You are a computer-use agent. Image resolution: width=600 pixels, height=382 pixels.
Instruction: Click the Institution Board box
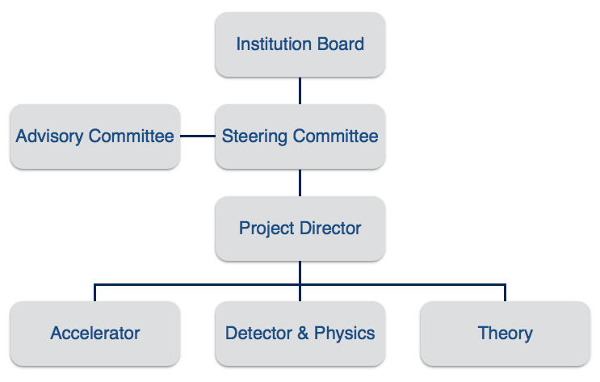coord(300,44)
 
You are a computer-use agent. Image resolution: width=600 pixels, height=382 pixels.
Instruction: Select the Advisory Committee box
coord(94,136)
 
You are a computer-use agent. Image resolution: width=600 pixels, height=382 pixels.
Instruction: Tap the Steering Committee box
coord(300,136)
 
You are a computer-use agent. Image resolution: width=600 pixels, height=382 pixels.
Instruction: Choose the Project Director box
coord(300,228)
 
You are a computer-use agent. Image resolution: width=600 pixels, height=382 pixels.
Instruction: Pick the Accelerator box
coord(94,333)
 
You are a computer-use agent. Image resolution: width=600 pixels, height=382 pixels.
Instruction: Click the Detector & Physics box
coord(300,333)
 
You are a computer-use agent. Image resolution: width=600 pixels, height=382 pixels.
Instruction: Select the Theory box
coord(505,333)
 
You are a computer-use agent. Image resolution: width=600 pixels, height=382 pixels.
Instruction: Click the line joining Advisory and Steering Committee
coord(197,136)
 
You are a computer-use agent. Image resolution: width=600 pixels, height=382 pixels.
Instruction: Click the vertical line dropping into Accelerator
coord(94,292)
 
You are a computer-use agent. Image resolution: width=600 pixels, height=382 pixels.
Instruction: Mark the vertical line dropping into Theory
coord(505,292)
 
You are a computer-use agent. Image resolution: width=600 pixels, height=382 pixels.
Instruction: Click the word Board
coord(342,44)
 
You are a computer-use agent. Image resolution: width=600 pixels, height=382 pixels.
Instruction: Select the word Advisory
coord(50,136)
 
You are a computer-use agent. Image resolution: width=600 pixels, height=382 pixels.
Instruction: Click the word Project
coord(266,229)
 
